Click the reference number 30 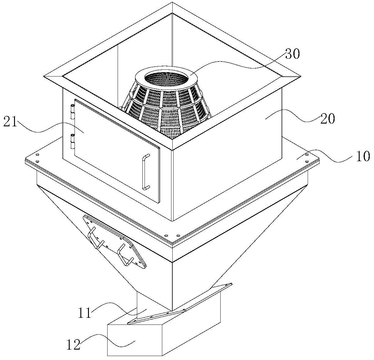[x=293, y=54]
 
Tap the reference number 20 [x=328, y=118]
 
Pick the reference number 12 [x=73, y=345]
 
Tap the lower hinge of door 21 [x=72, y=141]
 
